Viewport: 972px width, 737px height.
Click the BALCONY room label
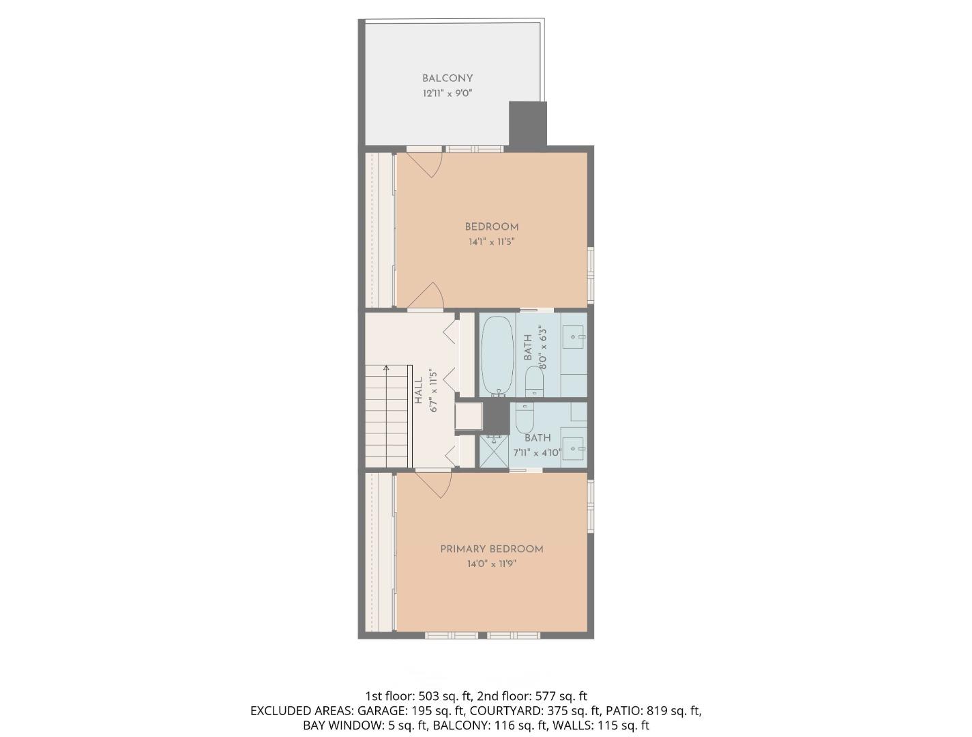[x=447, y=78]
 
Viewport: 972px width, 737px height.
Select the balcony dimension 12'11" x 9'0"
[x=447, y=93]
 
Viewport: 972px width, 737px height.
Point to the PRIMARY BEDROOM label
[x=491, y=549]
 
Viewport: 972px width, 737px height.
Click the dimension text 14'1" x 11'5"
[x=491, y=242]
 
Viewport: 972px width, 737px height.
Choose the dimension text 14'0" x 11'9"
[x=491, y=564]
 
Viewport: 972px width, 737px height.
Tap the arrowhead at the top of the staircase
[x=386, y=369]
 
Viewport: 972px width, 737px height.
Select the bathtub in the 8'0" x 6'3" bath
[x=497, y=355]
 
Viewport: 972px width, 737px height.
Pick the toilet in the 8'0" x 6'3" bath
[x=534, y=381]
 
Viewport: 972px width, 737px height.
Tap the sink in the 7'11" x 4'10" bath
[x=573, y=449]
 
